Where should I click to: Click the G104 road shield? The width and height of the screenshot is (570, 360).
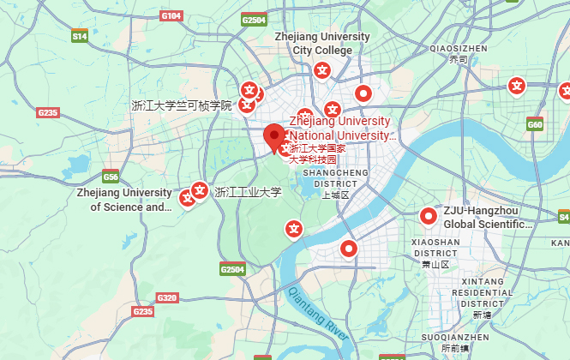(x=171, y=16)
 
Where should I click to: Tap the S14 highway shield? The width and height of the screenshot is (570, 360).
(x=80, y=37)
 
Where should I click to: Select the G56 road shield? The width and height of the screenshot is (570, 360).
(x=111, y=177)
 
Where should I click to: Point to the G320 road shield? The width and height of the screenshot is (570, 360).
(x=167, y=298)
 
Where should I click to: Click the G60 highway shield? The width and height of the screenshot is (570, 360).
(x=536, y=125)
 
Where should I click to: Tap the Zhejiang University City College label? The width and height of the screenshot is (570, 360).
(x=322, y=44)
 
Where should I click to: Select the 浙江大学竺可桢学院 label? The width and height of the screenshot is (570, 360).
(x=182, y=106)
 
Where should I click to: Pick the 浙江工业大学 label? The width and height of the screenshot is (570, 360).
(x=249, y=192)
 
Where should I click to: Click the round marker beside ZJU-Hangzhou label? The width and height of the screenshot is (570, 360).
(x=427, y=217)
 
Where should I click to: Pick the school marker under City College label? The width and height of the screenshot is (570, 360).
(x=323, y=70)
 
